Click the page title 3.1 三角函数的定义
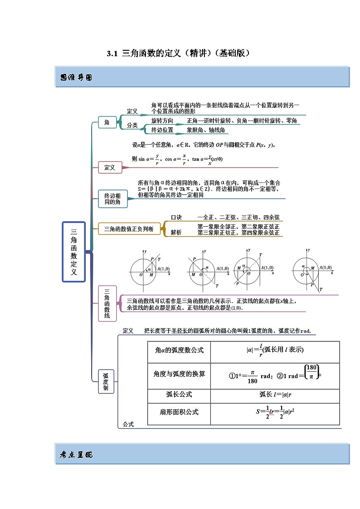179,53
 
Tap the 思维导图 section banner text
76,78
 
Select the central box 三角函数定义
73,252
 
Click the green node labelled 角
107,122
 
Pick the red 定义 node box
110,167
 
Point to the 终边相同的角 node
112,199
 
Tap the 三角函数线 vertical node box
107,303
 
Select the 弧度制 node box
106,381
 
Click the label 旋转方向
162,121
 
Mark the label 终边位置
162,130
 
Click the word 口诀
176,218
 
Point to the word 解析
176,233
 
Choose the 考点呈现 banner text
76,455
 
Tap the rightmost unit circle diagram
310,271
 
